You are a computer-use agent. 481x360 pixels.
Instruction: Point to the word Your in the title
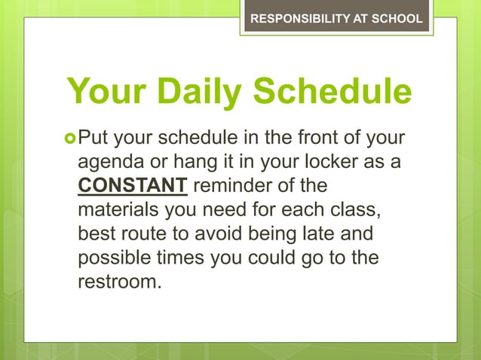point(101,92)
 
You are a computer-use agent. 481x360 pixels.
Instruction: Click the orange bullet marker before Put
point(71,139)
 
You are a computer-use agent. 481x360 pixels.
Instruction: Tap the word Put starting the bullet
point(93,139)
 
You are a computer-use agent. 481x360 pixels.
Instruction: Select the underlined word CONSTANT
point(133,185)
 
